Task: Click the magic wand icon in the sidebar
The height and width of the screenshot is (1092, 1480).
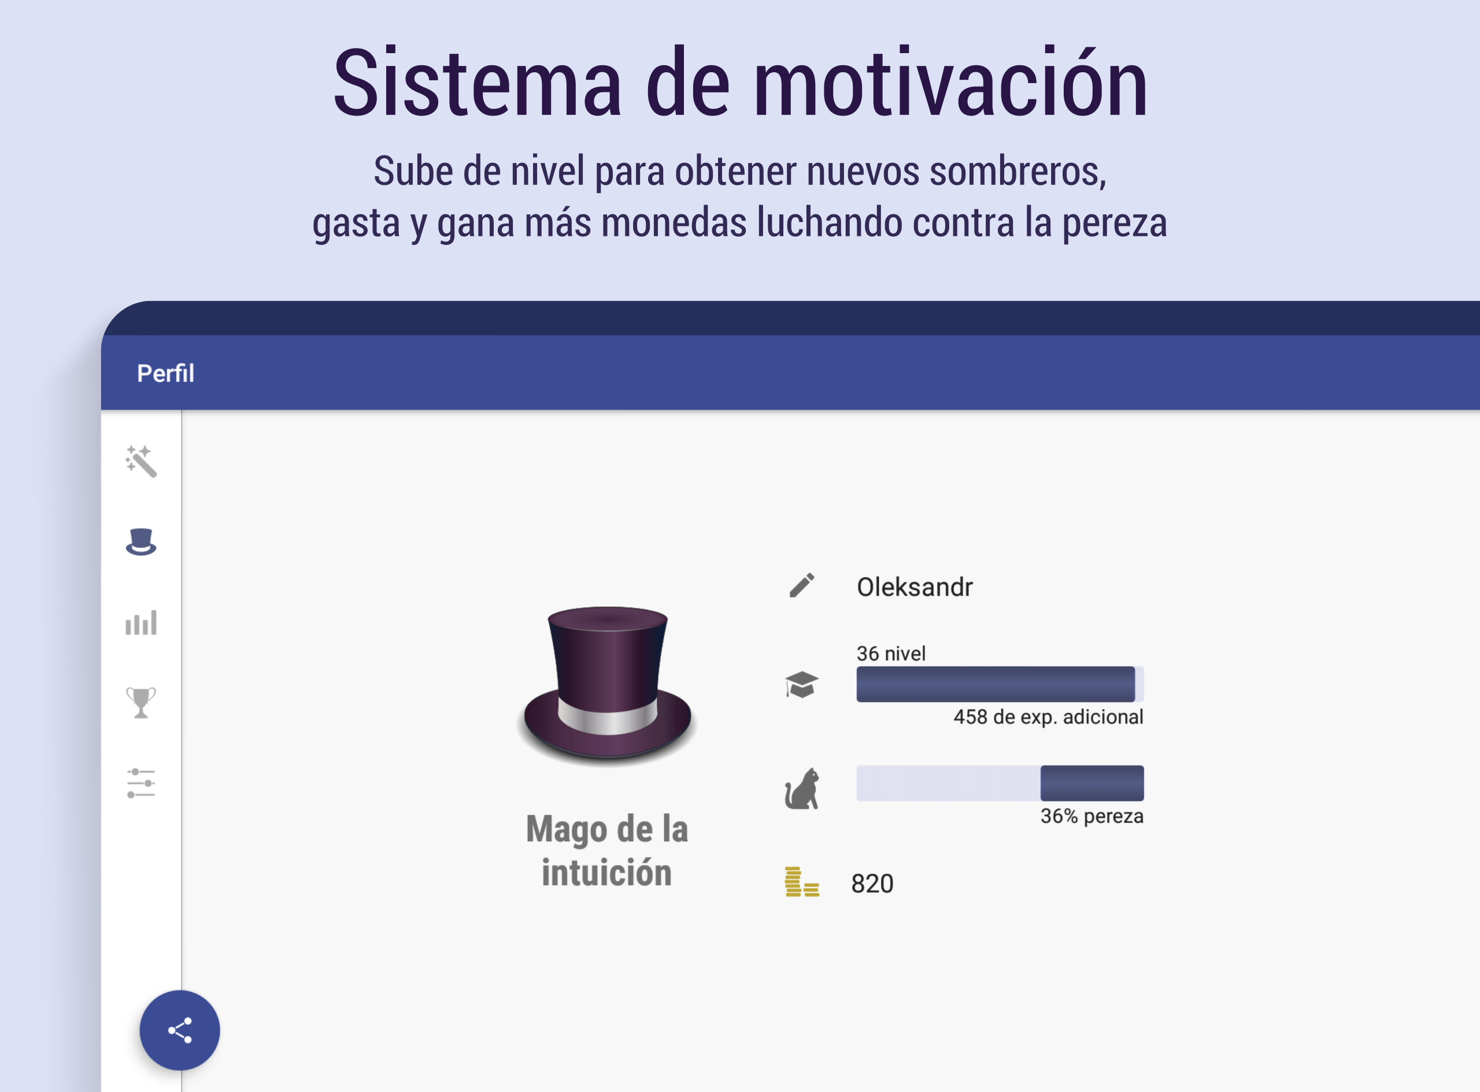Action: [141, 460]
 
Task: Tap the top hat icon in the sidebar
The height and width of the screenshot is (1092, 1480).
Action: [141, 541]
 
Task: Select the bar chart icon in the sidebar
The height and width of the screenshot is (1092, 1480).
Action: [141, 623]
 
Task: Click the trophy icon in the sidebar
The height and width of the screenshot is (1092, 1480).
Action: [141, 702]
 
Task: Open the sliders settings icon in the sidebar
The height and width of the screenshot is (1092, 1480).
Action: [141, 783]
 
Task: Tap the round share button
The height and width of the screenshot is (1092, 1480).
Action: [180, 1030]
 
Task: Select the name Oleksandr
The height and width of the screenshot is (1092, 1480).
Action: [915, 587]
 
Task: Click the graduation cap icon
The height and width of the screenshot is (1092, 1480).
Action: [801, 684]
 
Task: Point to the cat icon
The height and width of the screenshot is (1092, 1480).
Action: [802, 788]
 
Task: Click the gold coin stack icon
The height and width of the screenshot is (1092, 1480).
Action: [801, 882]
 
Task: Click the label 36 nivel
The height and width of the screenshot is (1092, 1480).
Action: [891, 653]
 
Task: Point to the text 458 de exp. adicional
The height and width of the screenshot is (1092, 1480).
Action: [1048, 717]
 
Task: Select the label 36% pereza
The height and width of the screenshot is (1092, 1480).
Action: [1092, 816]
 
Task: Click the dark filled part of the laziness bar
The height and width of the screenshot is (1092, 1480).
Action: [1092, 783]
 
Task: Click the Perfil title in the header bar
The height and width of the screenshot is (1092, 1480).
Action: [165, 373]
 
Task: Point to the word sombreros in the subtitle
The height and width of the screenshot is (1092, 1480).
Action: [1017, 171]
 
